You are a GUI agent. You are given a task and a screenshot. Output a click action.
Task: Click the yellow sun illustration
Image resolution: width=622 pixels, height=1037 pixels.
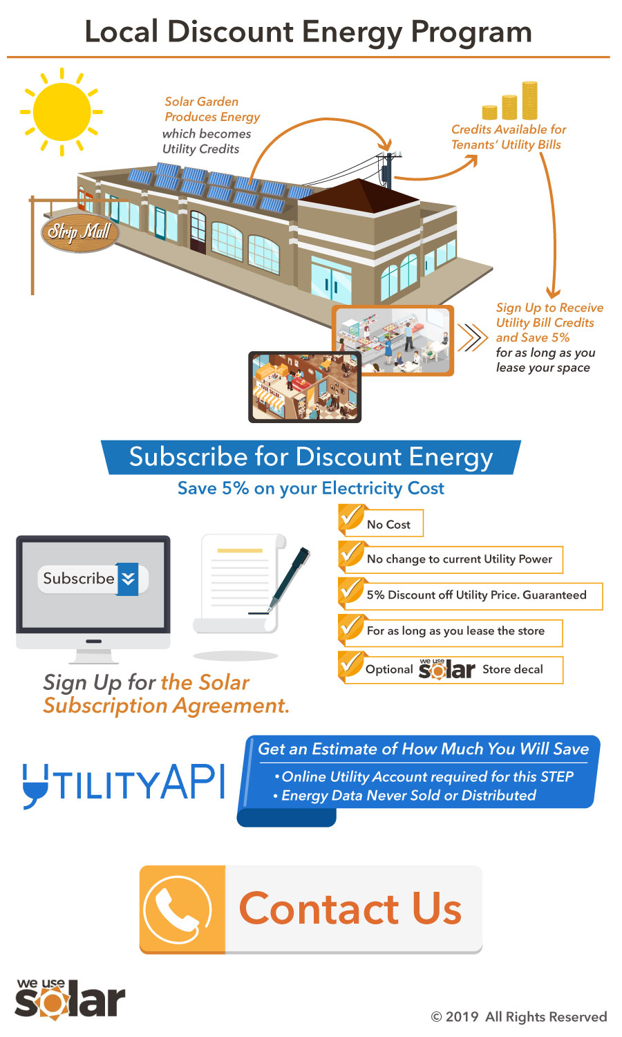click(x=62, y=111)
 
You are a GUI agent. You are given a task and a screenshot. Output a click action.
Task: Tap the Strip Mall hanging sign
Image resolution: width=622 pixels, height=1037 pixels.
click(x=79, y=231)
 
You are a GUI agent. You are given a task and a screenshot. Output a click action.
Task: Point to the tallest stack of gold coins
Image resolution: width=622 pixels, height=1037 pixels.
click(x=529, y=100)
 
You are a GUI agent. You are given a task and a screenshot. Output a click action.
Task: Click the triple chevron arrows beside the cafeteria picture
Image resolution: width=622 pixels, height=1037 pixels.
click(x=473, y=337)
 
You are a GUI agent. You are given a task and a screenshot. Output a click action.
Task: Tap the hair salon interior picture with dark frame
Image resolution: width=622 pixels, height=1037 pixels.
click(x=305, y=386)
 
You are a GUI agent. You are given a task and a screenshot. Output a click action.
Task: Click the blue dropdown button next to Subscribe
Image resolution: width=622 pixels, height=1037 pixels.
click(x=128, y=579)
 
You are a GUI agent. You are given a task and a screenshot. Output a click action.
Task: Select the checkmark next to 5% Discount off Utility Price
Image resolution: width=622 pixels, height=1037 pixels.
click(x=352, y=590)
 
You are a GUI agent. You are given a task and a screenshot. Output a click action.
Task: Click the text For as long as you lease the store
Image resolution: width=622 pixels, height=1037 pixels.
click(x=455, y=630)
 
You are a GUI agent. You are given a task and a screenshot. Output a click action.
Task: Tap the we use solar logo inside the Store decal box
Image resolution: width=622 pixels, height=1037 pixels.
click(x=446, y=669)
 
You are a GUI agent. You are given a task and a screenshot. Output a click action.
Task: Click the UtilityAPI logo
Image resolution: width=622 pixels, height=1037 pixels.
click(x=124, y=783)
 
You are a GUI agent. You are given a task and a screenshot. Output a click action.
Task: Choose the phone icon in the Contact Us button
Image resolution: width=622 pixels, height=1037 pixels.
click(x=178, y=909)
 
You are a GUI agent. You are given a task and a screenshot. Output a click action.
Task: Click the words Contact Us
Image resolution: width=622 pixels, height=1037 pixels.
click(x=350, y=908)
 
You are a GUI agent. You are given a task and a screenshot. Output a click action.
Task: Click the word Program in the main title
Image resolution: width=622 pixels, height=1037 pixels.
click(x=471, y=33)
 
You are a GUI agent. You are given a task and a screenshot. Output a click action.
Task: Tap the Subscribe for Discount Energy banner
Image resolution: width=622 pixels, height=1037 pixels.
click(x=311, y=457)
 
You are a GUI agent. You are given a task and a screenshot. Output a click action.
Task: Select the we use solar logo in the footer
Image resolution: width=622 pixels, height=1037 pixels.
click(x=70, y=999)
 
